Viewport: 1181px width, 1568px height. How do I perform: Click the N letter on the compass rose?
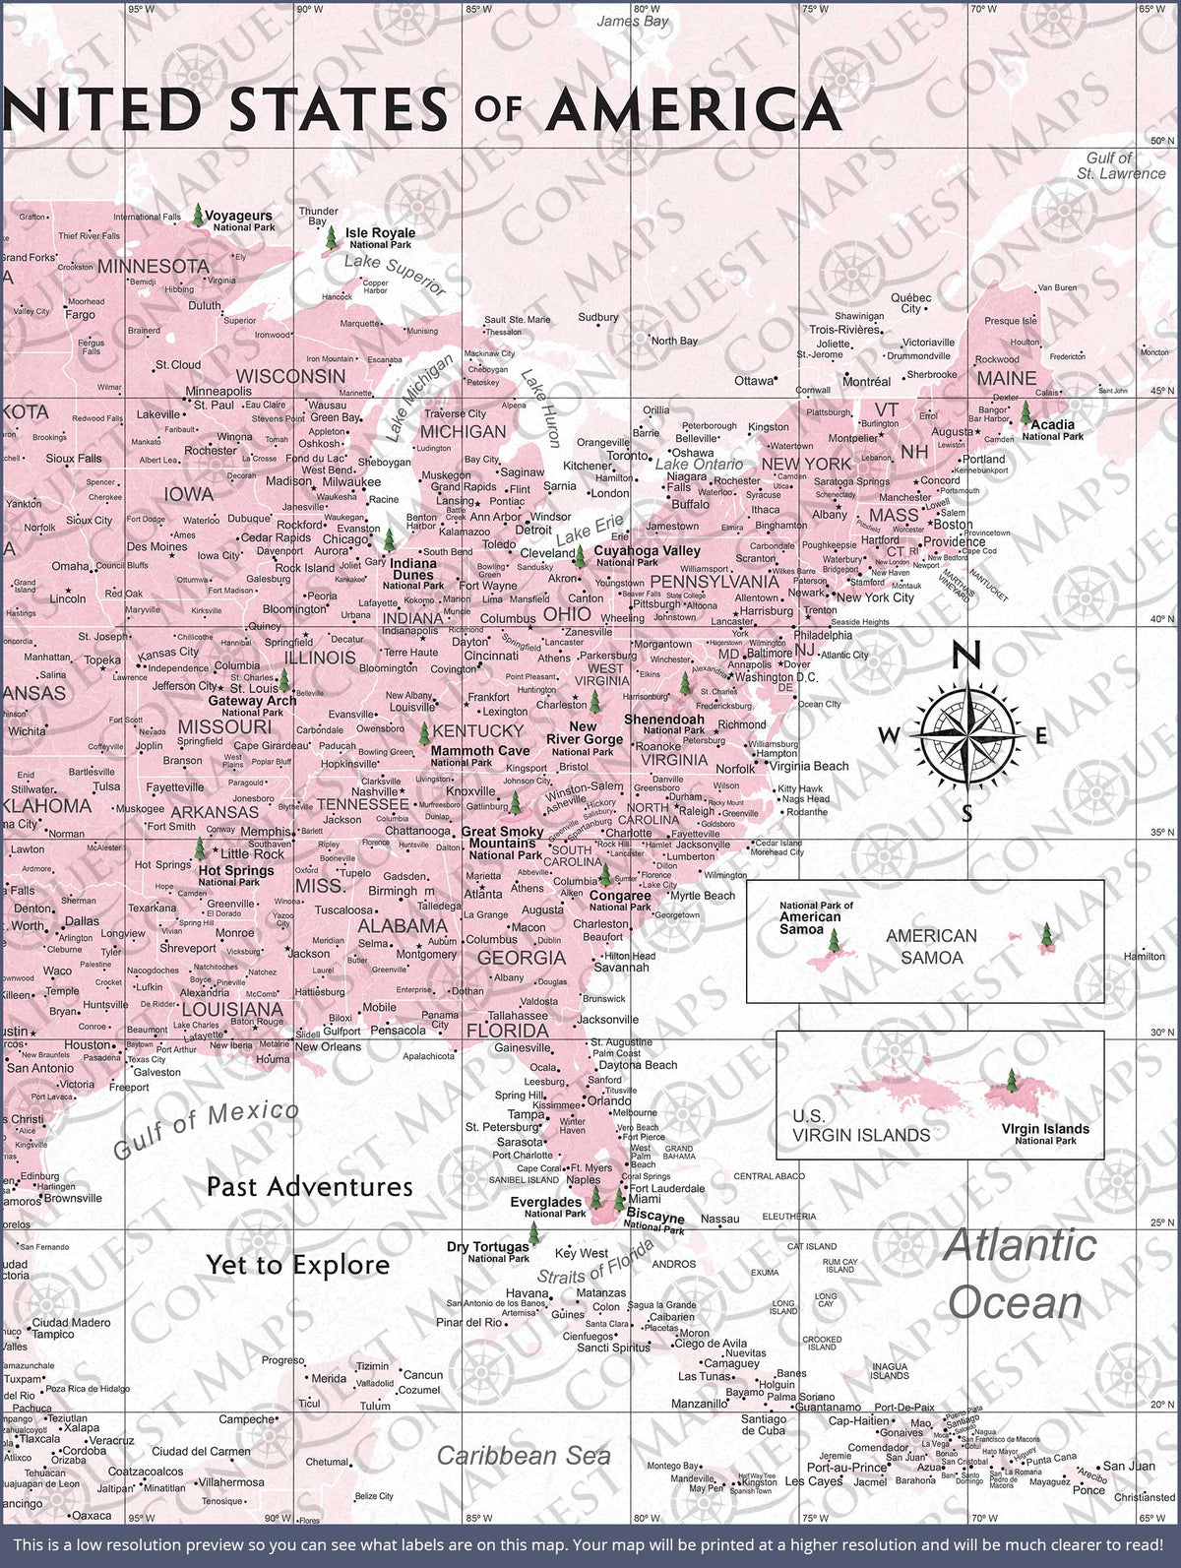coord(968,655)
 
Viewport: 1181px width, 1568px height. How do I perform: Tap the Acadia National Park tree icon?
coord(1026,411)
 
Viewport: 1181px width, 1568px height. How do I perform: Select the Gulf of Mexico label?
coord(206,1130)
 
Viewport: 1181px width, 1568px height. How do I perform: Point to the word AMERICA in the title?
coord(693,109)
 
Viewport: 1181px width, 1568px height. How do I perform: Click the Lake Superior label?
coord(395,275)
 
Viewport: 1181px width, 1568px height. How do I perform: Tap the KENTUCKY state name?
coord(478,730)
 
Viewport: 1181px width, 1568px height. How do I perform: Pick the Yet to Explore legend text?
coord(297,1265)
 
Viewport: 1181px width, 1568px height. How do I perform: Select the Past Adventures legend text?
coord(309,1186)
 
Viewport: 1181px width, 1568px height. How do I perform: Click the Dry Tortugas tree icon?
coord(533,1233)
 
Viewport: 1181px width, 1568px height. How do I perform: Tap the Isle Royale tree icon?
coord(332,236)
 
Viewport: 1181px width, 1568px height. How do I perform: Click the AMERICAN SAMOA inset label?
coord(931,946)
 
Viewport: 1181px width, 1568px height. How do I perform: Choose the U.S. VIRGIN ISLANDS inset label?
coord(860,1125)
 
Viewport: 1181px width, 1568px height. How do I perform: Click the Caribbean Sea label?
coord(524,1455)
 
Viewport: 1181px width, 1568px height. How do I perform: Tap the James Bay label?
coord(632,21)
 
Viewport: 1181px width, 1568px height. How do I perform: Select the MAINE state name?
coord(1006,378)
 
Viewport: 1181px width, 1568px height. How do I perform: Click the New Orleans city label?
coord(328,1046)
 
